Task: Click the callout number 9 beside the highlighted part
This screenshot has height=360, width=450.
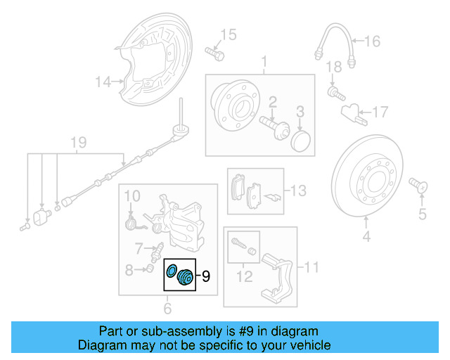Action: click(206, 276)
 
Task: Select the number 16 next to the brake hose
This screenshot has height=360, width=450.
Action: click(372, 41)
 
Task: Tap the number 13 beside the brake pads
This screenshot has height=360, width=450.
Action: click(299, 190)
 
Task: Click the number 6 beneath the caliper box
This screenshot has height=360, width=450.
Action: click(167, 307)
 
